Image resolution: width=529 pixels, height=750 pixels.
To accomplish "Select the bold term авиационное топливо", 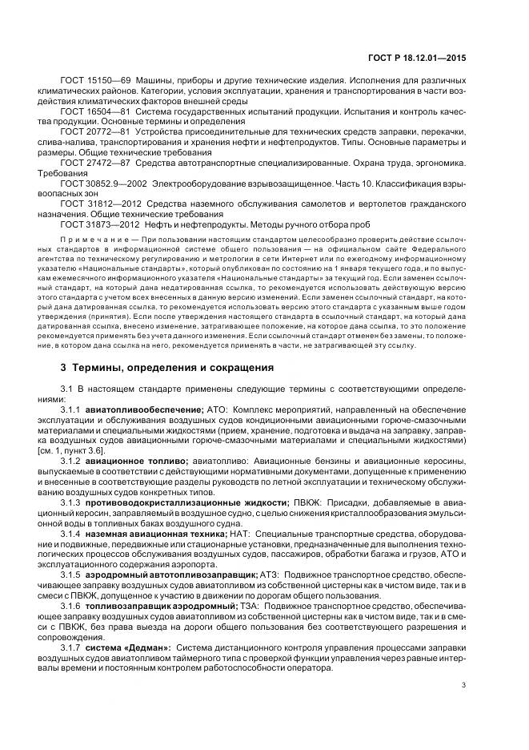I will [x=137, y=462].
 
